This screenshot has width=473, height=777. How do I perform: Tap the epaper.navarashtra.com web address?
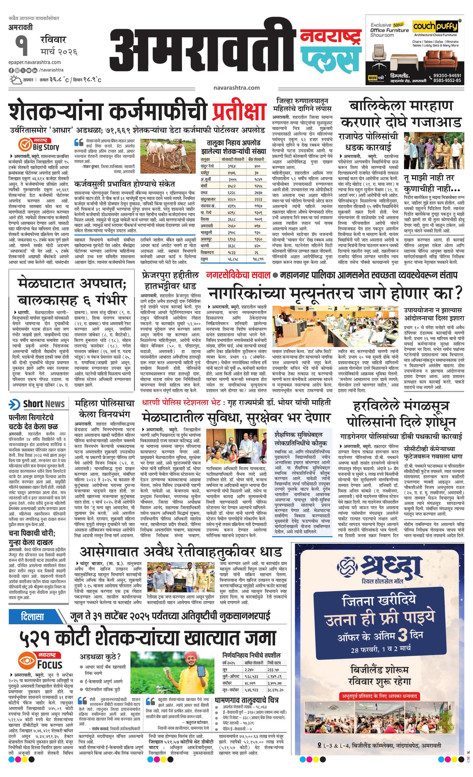[35, 62]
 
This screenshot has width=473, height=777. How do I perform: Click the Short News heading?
[44, 404]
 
